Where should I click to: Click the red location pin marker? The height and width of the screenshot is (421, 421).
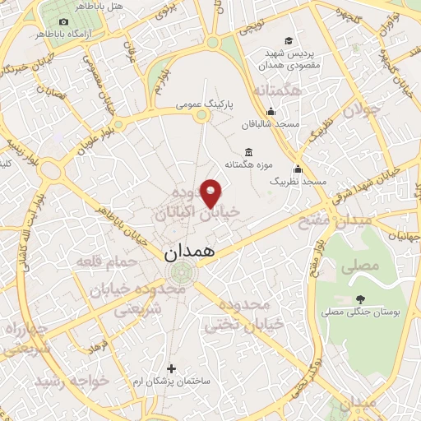211,192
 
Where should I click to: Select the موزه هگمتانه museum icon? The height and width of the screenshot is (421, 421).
249,152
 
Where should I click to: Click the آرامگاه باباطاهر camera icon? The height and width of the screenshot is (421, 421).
63,21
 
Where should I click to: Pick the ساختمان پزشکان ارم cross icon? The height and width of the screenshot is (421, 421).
171,368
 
